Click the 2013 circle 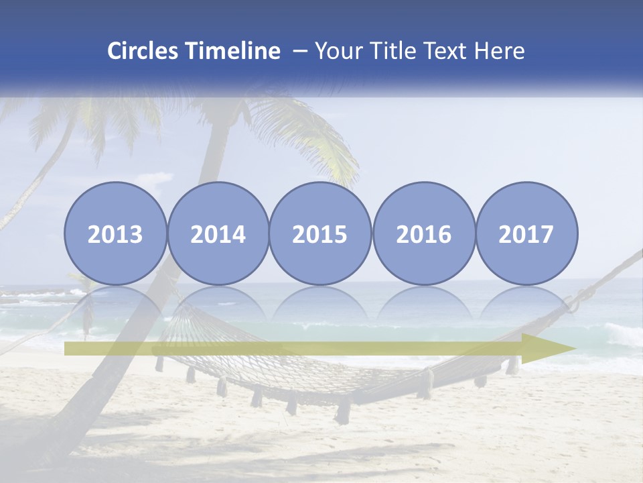click(x=115, y=234)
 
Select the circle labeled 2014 click(x=218, y=234)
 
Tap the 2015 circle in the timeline click(x=320, y=234)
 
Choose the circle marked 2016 click(x=423, y=234)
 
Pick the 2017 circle click(x=526, y=234)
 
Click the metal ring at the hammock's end click(x=573, y=305)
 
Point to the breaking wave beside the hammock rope click(x=620, y=333)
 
